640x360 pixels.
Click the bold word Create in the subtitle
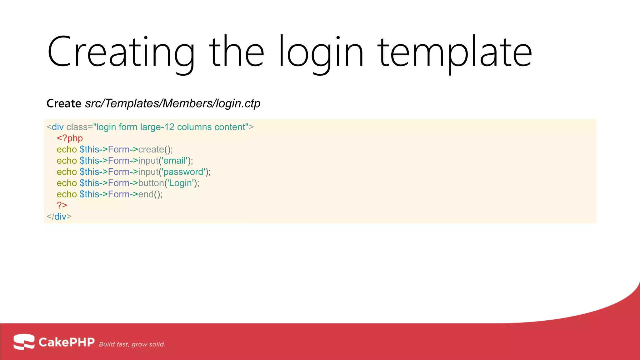click(64, 103)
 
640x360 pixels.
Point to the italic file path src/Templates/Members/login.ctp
click(172, 103)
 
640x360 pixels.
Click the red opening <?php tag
click(70, 138)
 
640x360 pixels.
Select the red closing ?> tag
click(62, 205)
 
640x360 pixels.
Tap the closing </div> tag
click(59, 217)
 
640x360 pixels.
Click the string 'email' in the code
click(175, 161)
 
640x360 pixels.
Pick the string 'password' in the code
click(184, 172)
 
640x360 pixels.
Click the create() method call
click(155, 149)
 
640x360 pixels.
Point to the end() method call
click(150, 194)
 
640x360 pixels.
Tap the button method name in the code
click(151, 183)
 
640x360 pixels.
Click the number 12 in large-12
click(169, 127)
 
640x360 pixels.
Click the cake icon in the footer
click(24, 342)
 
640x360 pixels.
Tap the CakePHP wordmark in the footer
click(67, 342)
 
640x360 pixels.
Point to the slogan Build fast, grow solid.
click(132, 344)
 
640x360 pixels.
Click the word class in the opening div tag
click(77, 127)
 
